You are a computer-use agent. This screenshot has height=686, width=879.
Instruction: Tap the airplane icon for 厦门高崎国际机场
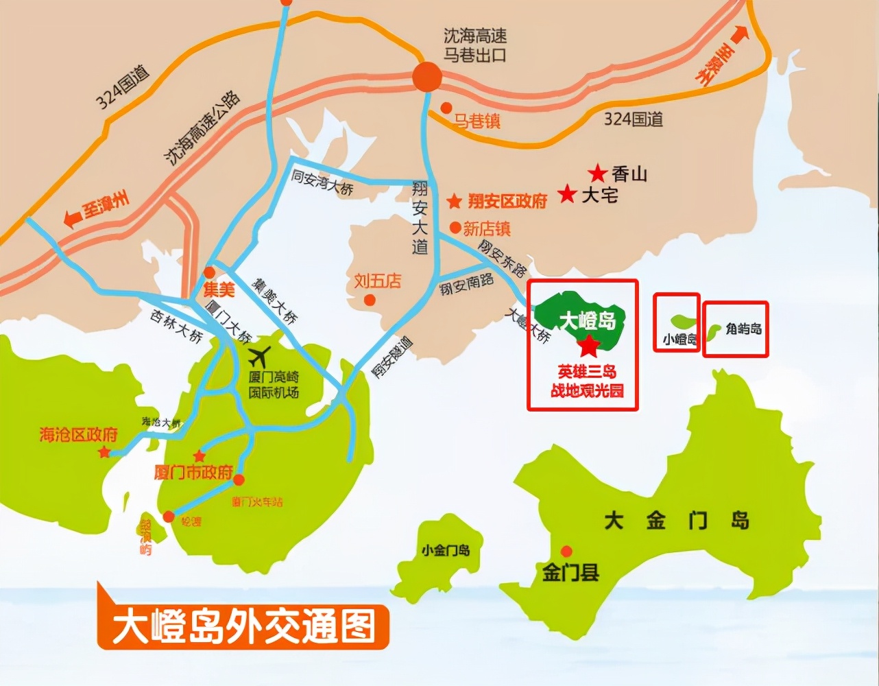click(259, 357)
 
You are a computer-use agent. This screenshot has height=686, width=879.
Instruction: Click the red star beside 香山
click(598, 174)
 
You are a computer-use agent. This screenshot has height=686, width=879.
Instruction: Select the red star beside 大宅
click(567, 194)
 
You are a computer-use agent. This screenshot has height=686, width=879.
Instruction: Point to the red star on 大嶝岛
click(588, 346)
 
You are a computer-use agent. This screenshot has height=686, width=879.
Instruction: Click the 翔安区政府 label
click(507, 201)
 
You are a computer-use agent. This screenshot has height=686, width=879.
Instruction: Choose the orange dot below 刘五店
click(370, 300)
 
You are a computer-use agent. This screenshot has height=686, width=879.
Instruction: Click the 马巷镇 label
click(477, 121)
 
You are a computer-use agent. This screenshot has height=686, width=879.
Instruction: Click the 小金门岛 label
click(446, 550)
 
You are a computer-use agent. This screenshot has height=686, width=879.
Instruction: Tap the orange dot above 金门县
click(566, 551)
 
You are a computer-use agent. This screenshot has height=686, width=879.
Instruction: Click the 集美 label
click(219, 289)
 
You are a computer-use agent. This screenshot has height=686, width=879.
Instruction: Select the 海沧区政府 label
click(78, 434)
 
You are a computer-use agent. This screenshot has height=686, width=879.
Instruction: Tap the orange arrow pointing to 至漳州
click(71, 219)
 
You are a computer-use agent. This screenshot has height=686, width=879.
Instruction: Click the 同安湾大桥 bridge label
click(322, 182)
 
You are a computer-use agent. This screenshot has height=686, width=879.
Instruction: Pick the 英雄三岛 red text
click(587, 372)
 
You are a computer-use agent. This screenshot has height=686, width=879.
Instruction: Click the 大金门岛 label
click(676, 521)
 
